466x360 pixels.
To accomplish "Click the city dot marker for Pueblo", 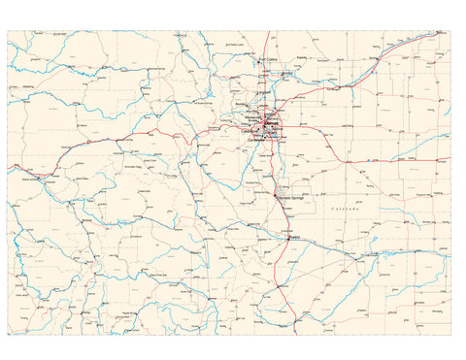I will tap(287, 236).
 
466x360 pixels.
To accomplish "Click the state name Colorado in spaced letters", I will tap(344, 209).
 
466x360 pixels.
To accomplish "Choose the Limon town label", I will tap(354, 163).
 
